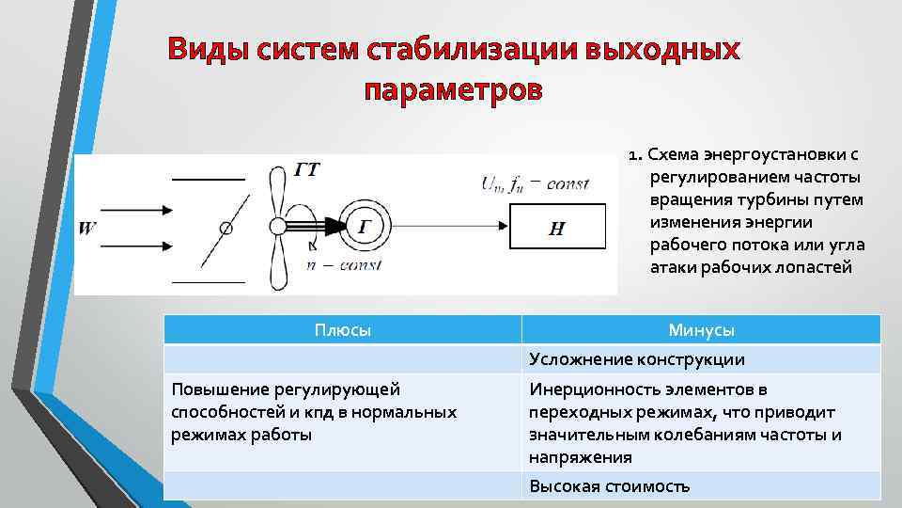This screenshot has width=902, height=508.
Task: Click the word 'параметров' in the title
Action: [x=452, y=92]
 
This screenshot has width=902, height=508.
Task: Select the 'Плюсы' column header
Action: [x=342, y=330]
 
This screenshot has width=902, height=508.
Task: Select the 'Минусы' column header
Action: [x=701, y=330]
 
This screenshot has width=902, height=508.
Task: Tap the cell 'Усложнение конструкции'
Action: [x=637, y=359]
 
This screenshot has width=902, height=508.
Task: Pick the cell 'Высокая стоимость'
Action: [x=609, y=486]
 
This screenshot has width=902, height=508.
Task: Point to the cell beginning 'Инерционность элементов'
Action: [x=686, y=423]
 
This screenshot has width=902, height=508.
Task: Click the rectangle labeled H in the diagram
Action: [x=556, y=227]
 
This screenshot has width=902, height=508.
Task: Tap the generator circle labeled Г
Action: [x=363, y=226]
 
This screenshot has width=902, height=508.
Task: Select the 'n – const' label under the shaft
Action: [x=344, y=264]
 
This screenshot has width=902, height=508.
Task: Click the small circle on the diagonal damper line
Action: [x=226, y=227]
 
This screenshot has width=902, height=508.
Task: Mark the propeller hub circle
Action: [x=277, y=226]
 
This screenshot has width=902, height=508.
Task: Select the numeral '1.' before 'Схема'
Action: [x=635, y=155]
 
